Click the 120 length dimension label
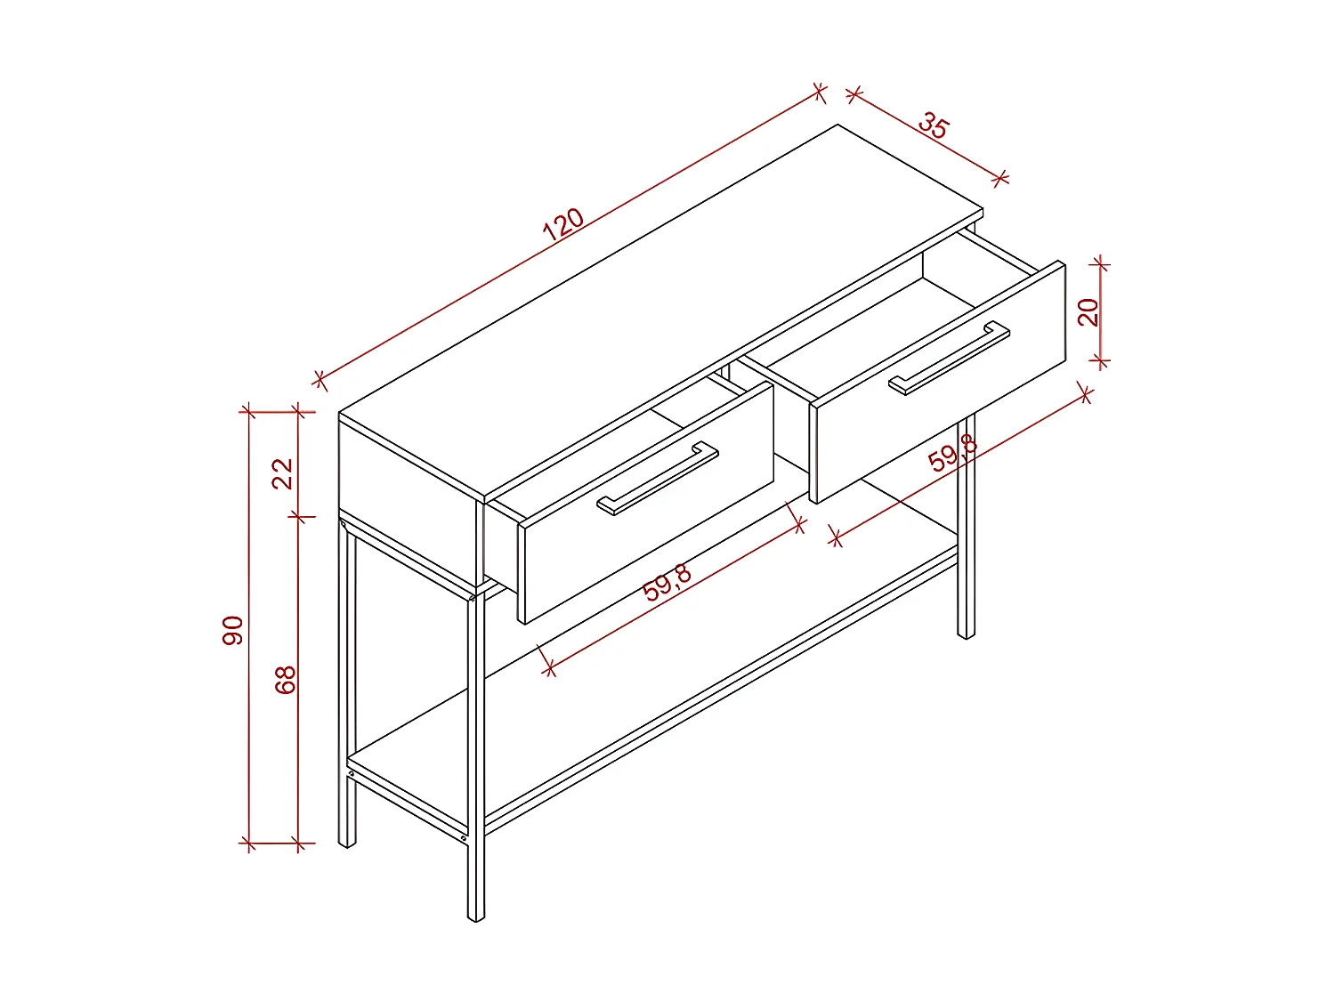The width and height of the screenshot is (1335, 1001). coord(562,224)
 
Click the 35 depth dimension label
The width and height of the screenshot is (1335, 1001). coord(933,125)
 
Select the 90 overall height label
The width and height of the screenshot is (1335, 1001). coord(232,630)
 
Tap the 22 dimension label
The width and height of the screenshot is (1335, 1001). coord(282,472)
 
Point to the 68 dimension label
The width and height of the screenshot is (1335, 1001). coord(284,680)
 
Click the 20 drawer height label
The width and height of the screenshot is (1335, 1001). coord(1088,311)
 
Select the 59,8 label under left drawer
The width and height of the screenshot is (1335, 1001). coord(667,583)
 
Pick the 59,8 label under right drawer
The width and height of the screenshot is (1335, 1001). coord(952,454)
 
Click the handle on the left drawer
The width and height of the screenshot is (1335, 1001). coord(658,478)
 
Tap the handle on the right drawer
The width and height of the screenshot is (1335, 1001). coord(949,358)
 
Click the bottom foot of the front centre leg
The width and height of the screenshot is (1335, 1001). coord(476,914)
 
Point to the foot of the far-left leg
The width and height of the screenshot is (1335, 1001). coord(347,840)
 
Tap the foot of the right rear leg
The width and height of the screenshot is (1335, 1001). coord(966,633)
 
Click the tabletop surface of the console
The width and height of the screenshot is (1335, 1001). coord(659,311)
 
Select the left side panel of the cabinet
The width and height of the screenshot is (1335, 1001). coord(405,498)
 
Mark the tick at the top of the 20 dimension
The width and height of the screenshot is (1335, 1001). coord(1101,263)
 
